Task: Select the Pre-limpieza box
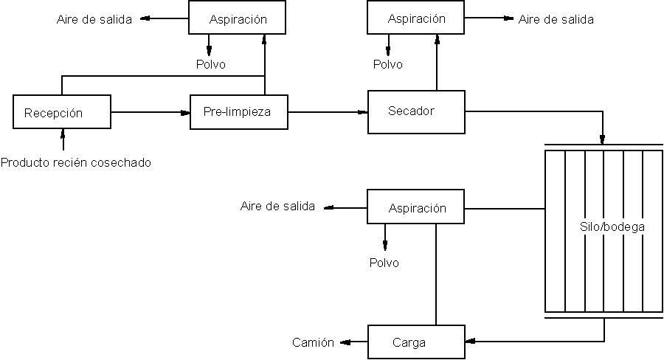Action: point(238,113)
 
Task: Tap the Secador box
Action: point(416,111)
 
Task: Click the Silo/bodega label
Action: point(612,227)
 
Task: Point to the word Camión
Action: point(313,342)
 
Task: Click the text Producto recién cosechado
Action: point(76,162)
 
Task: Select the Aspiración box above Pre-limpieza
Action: point(238,19)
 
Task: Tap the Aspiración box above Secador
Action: point(416,19)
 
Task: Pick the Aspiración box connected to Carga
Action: point(416,208)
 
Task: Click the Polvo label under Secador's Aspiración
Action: point(387,64)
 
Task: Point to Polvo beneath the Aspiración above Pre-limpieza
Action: point(210,64)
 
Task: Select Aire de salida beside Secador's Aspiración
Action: point(556,20)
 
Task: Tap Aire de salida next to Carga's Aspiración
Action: point(277,206)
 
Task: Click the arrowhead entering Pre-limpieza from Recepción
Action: point(185,112)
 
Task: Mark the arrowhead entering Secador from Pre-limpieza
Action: point(363,112)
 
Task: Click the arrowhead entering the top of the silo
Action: point(603,140)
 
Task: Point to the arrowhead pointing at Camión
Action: point(344,342)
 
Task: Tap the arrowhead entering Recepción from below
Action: point(63,133)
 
